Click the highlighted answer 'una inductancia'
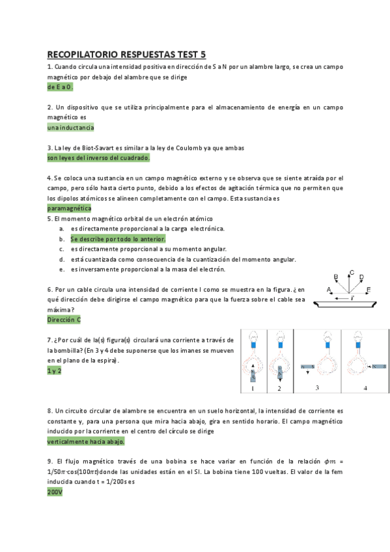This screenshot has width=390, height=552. [71, 128]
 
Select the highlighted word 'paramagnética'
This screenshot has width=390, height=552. [69, 208]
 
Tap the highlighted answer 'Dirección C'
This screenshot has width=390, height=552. [64, 320]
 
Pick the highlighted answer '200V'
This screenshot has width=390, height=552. [55, 493]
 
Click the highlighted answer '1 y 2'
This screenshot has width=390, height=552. [54, 370]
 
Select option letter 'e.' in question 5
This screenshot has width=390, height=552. [61, 269]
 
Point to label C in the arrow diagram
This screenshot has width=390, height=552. [352, 273]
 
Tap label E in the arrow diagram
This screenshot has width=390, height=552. [369, 288]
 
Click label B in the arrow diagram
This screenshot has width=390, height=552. [336, 277]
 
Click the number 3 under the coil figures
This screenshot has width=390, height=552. [317, 388]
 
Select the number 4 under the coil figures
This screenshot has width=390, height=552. [365, 388]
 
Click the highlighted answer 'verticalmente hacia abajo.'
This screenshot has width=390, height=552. [86, 441]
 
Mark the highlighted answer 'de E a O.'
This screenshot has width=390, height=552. [61, 87]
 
